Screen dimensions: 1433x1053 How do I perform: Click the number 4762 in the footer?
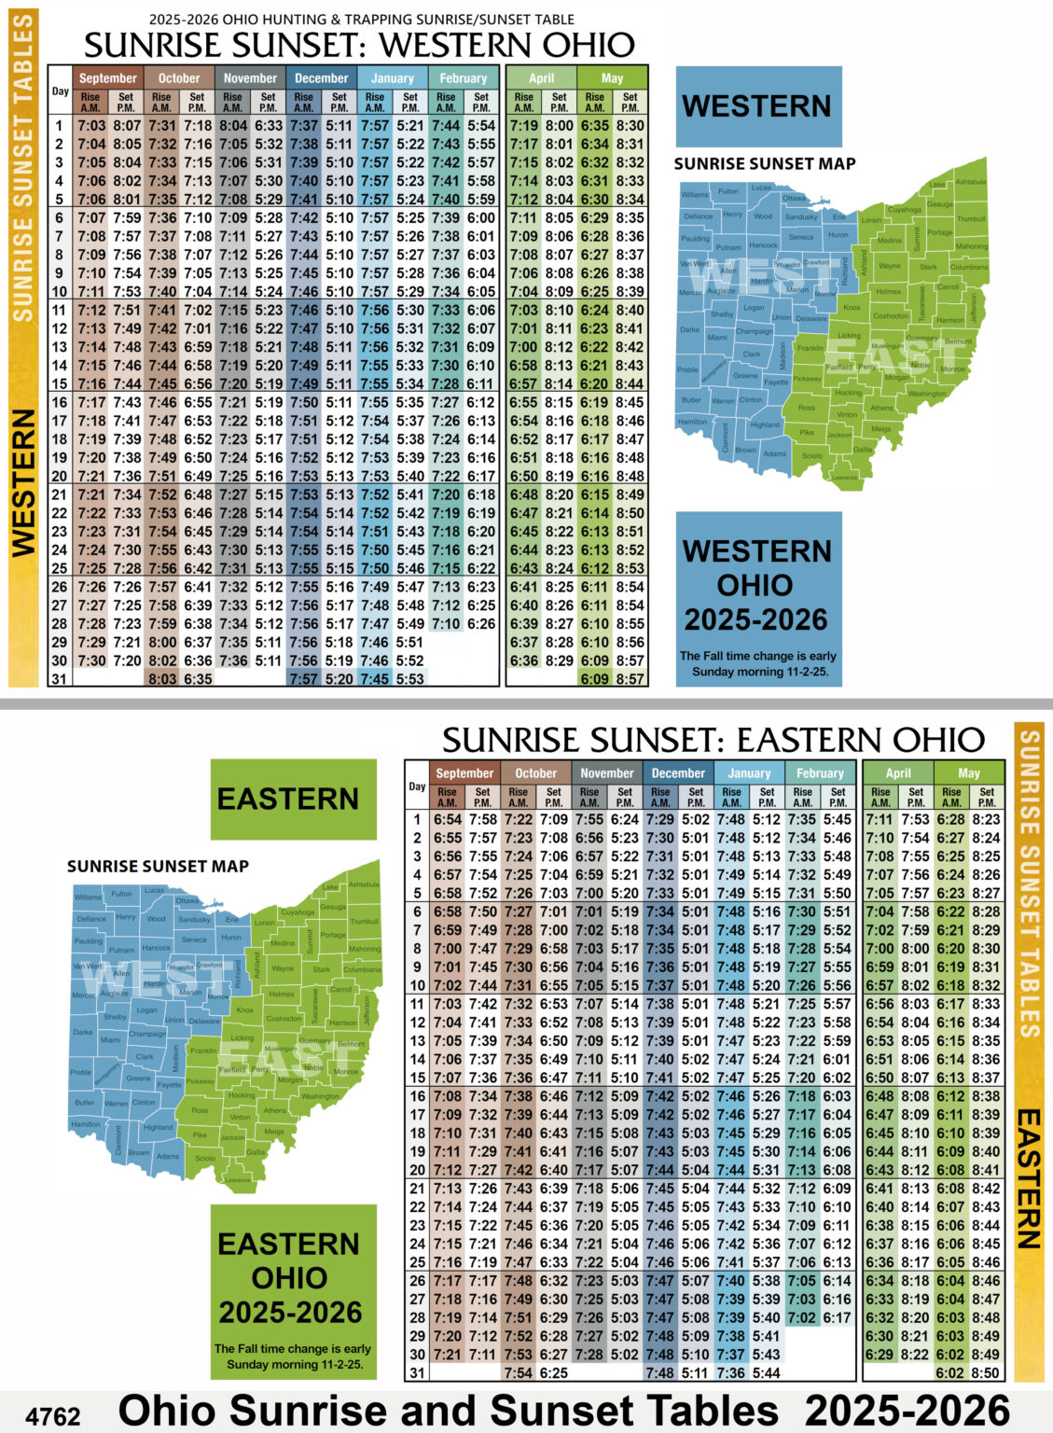tap(53, 1415)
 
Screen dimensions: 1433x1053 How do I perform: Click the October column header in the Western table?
tap(178, 78)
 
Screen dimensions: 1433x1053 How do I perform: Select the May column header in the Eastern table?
tap(969, 772)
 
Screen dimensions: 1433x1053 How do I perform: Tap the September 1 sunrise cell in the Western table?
tap(91, 126)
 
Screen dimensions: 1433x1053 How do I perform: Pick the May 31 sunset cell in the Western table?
tap(630, 679)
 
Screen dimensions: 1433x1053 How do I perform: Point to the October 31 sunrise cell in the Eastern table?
tap(519, 1373)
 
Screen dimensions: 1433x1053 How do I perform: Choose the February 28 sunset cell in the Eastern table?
tap(838, 1318)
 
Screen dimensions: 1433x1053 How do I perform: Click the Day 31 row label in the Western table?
tap(60, 679)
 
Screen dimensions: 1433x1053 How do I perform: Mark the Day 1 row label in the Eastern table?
tap(417, 819)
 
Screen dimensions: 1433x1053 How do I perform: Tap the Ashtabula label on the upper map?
tap(970, 182)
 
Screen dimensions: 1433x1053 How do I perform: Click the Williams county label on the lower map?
tap(89, 897)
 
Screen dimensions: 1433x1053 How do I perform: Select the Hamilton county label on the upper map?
tap(692, 422)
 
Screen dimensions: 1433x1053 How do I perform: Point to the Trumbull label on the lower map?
tap(364, 922)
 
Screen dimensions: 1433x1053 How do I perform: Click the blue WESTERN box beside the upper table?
tap(757, 105)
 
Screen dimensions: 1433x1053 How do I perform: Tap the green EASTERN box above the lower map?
tap(288, 799)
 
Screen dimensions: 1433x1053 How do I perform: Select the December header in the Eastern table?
tap(678, 772)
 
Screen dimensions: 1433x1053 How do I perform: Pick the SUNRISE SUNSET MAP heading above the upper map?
tap(765, 164)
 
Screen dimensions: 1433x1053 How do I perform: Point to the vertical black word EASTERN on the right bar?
tap(1028, 1177)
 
